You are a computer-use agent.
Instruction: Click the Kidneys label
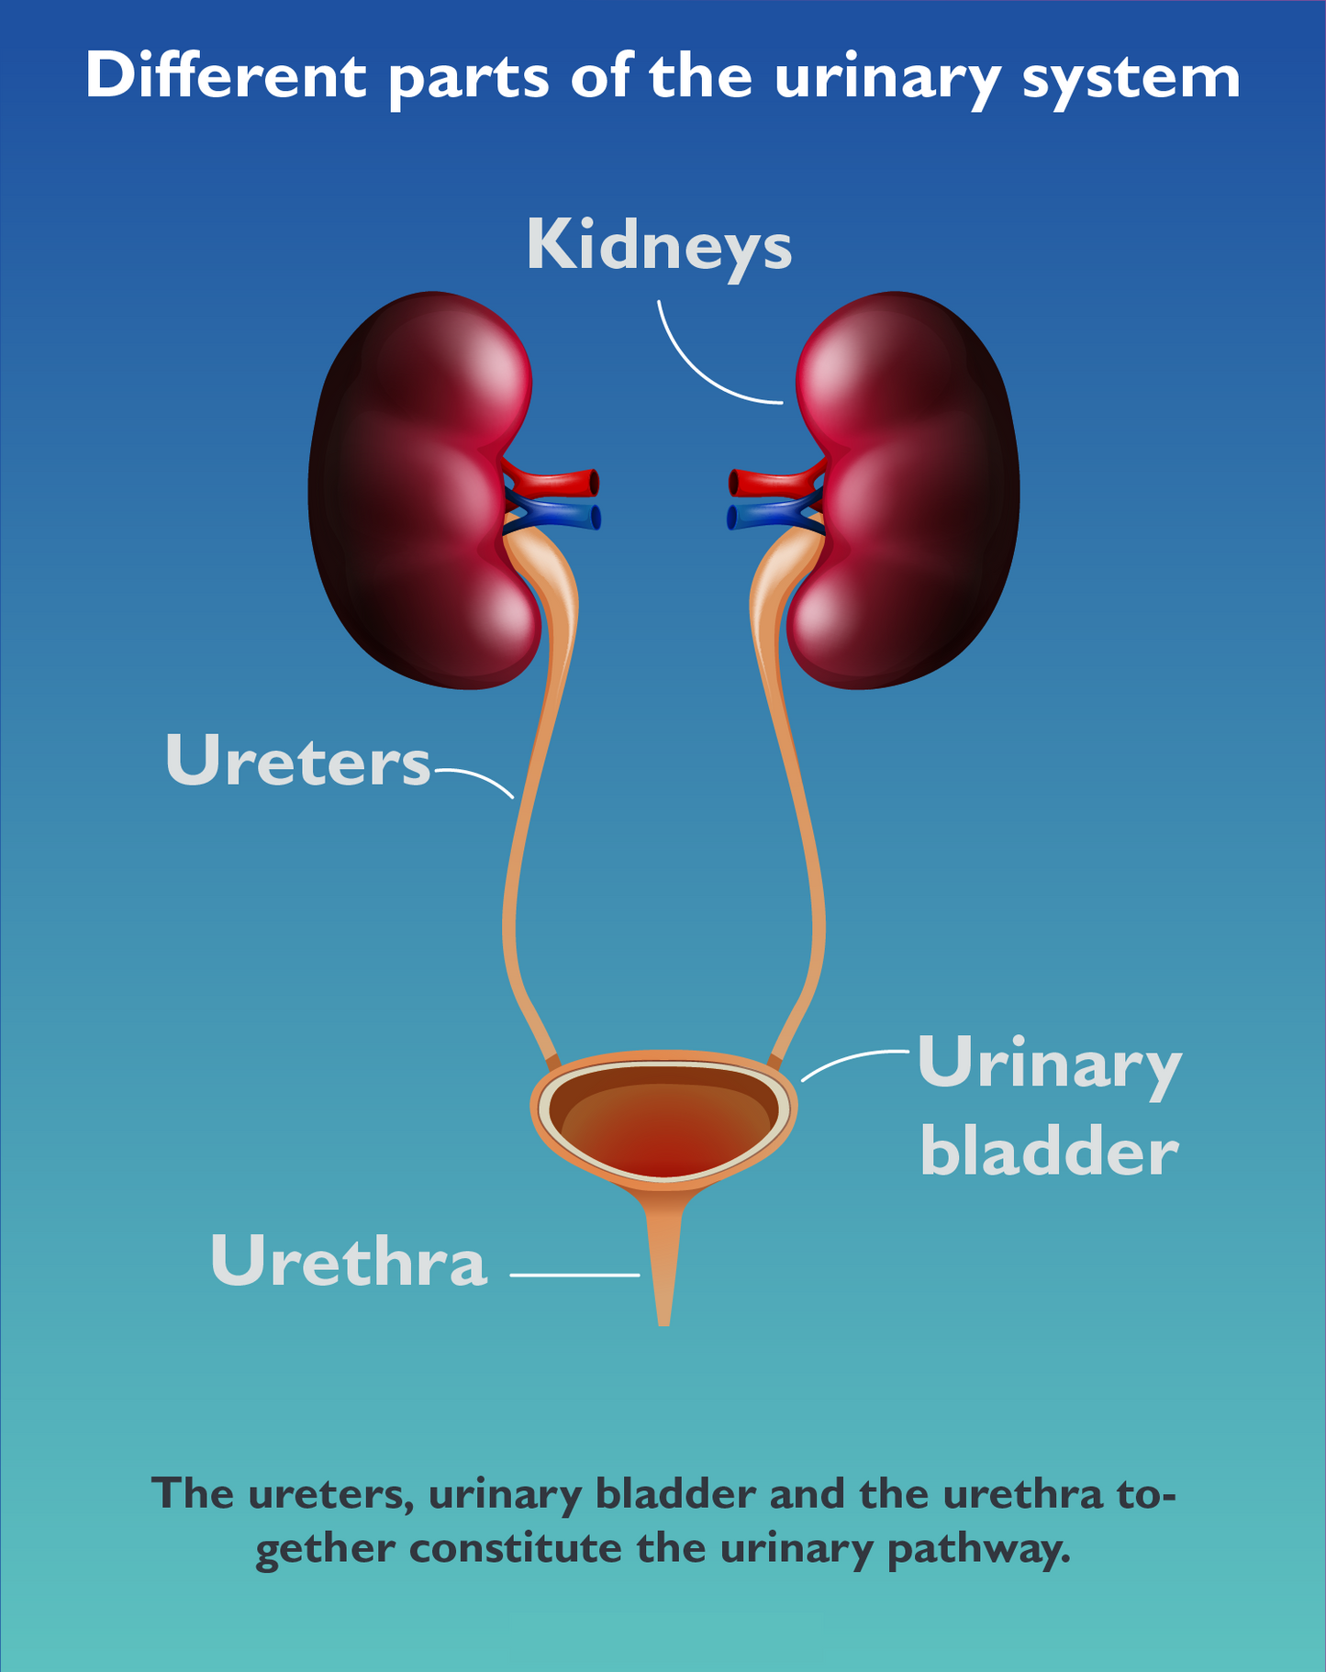(658, 246)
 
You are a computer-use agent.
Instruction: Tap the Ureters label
(297, 762)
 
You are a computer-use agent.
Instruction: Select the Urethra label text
(348, 1262)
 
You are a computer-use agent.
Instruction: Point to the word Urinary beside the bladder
(1048, 1065)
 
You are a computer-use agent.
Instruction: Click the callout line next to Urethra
(574, 1275)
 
